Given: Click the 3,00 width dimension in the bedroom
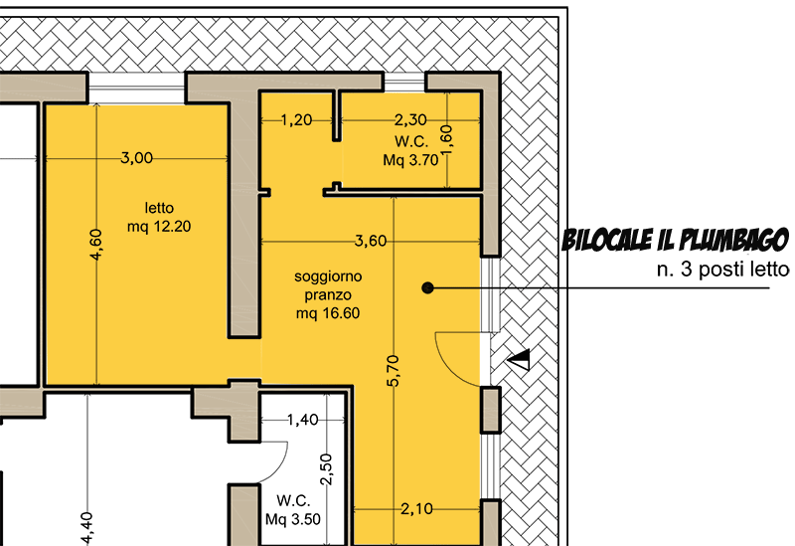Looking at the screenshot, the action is [x=136, y=158].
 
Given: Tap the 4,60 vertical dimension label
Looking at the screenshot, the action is [x=95, y=245].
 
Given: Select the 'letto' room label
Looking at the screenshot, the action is [x=159, y=208].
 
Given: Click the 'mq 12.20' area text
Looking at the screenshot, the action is [x=159, y=226].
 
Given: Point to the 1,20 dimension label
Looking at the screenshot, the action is [x=296, y=120].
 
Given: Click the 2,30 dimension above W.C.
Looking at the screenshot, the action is [x=410, y=119].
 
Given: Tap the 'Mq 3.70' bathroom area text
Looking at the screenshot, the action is [x=410, y=160].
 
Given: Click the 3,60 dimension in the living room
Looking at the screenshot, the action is [x=371, y=241].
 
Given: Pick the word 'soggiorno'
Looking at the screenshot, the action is [x=329, y=276].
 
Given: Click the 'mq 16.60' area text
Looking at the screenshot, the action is [x=328, y=313].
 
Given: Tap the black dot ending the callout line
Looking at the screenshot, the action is [x=427, y=288].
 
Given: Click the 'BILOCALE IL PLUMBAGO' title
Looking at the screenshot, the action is [x=676, y=240].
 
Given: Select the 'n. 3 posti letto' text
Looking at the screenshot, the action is [x=723, y=269].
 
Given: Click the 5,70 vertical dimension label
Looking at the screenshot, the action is [x=393, y=371].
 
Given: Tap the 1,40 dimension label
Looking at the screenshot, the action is [x=303, y=420].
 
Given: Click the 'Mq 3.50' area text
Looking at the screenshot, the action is [x=293, y=519].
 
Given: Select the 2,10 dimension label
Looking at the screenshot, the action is [x=416, y=508].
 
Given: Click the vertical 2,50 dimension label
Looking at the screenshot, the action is [x=327, y=469].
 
